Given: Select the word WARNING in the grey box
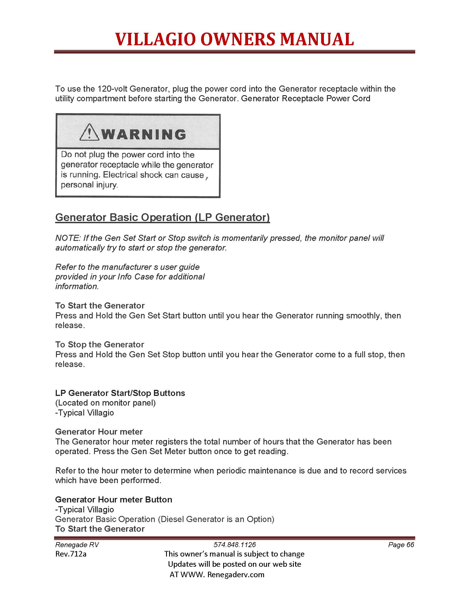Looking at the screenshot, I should pos(143,135).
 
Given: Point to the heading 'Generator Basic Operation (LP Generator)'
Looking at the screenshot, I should pos(162,217).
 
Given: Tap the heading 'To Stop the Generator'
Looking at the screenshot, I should pos(100,345).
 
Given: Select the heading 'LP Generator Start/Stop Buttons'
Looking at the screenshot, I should pos(120,393).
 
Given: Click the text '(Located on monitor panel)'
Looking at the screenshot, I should pos(105,403).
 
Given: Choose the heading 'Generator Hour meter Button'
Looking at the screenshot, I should pos(114,499).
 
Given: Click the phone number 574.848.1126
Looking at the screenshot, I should pos(234,545).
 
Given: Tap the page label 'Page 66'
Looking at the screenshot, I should pos(401,545).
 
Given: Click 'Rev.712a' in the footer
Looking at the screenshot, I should pos(71,554).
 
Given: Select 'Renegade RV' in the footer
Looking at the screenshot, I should pos(77,545).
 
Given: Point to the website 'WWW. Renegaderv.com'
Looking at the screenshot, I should pos(222,574).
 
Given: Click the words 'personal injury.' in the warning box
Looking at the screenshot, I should pos(89,185).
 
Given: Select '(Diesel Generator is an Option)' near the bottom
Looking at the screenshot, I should pos(216,519).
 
